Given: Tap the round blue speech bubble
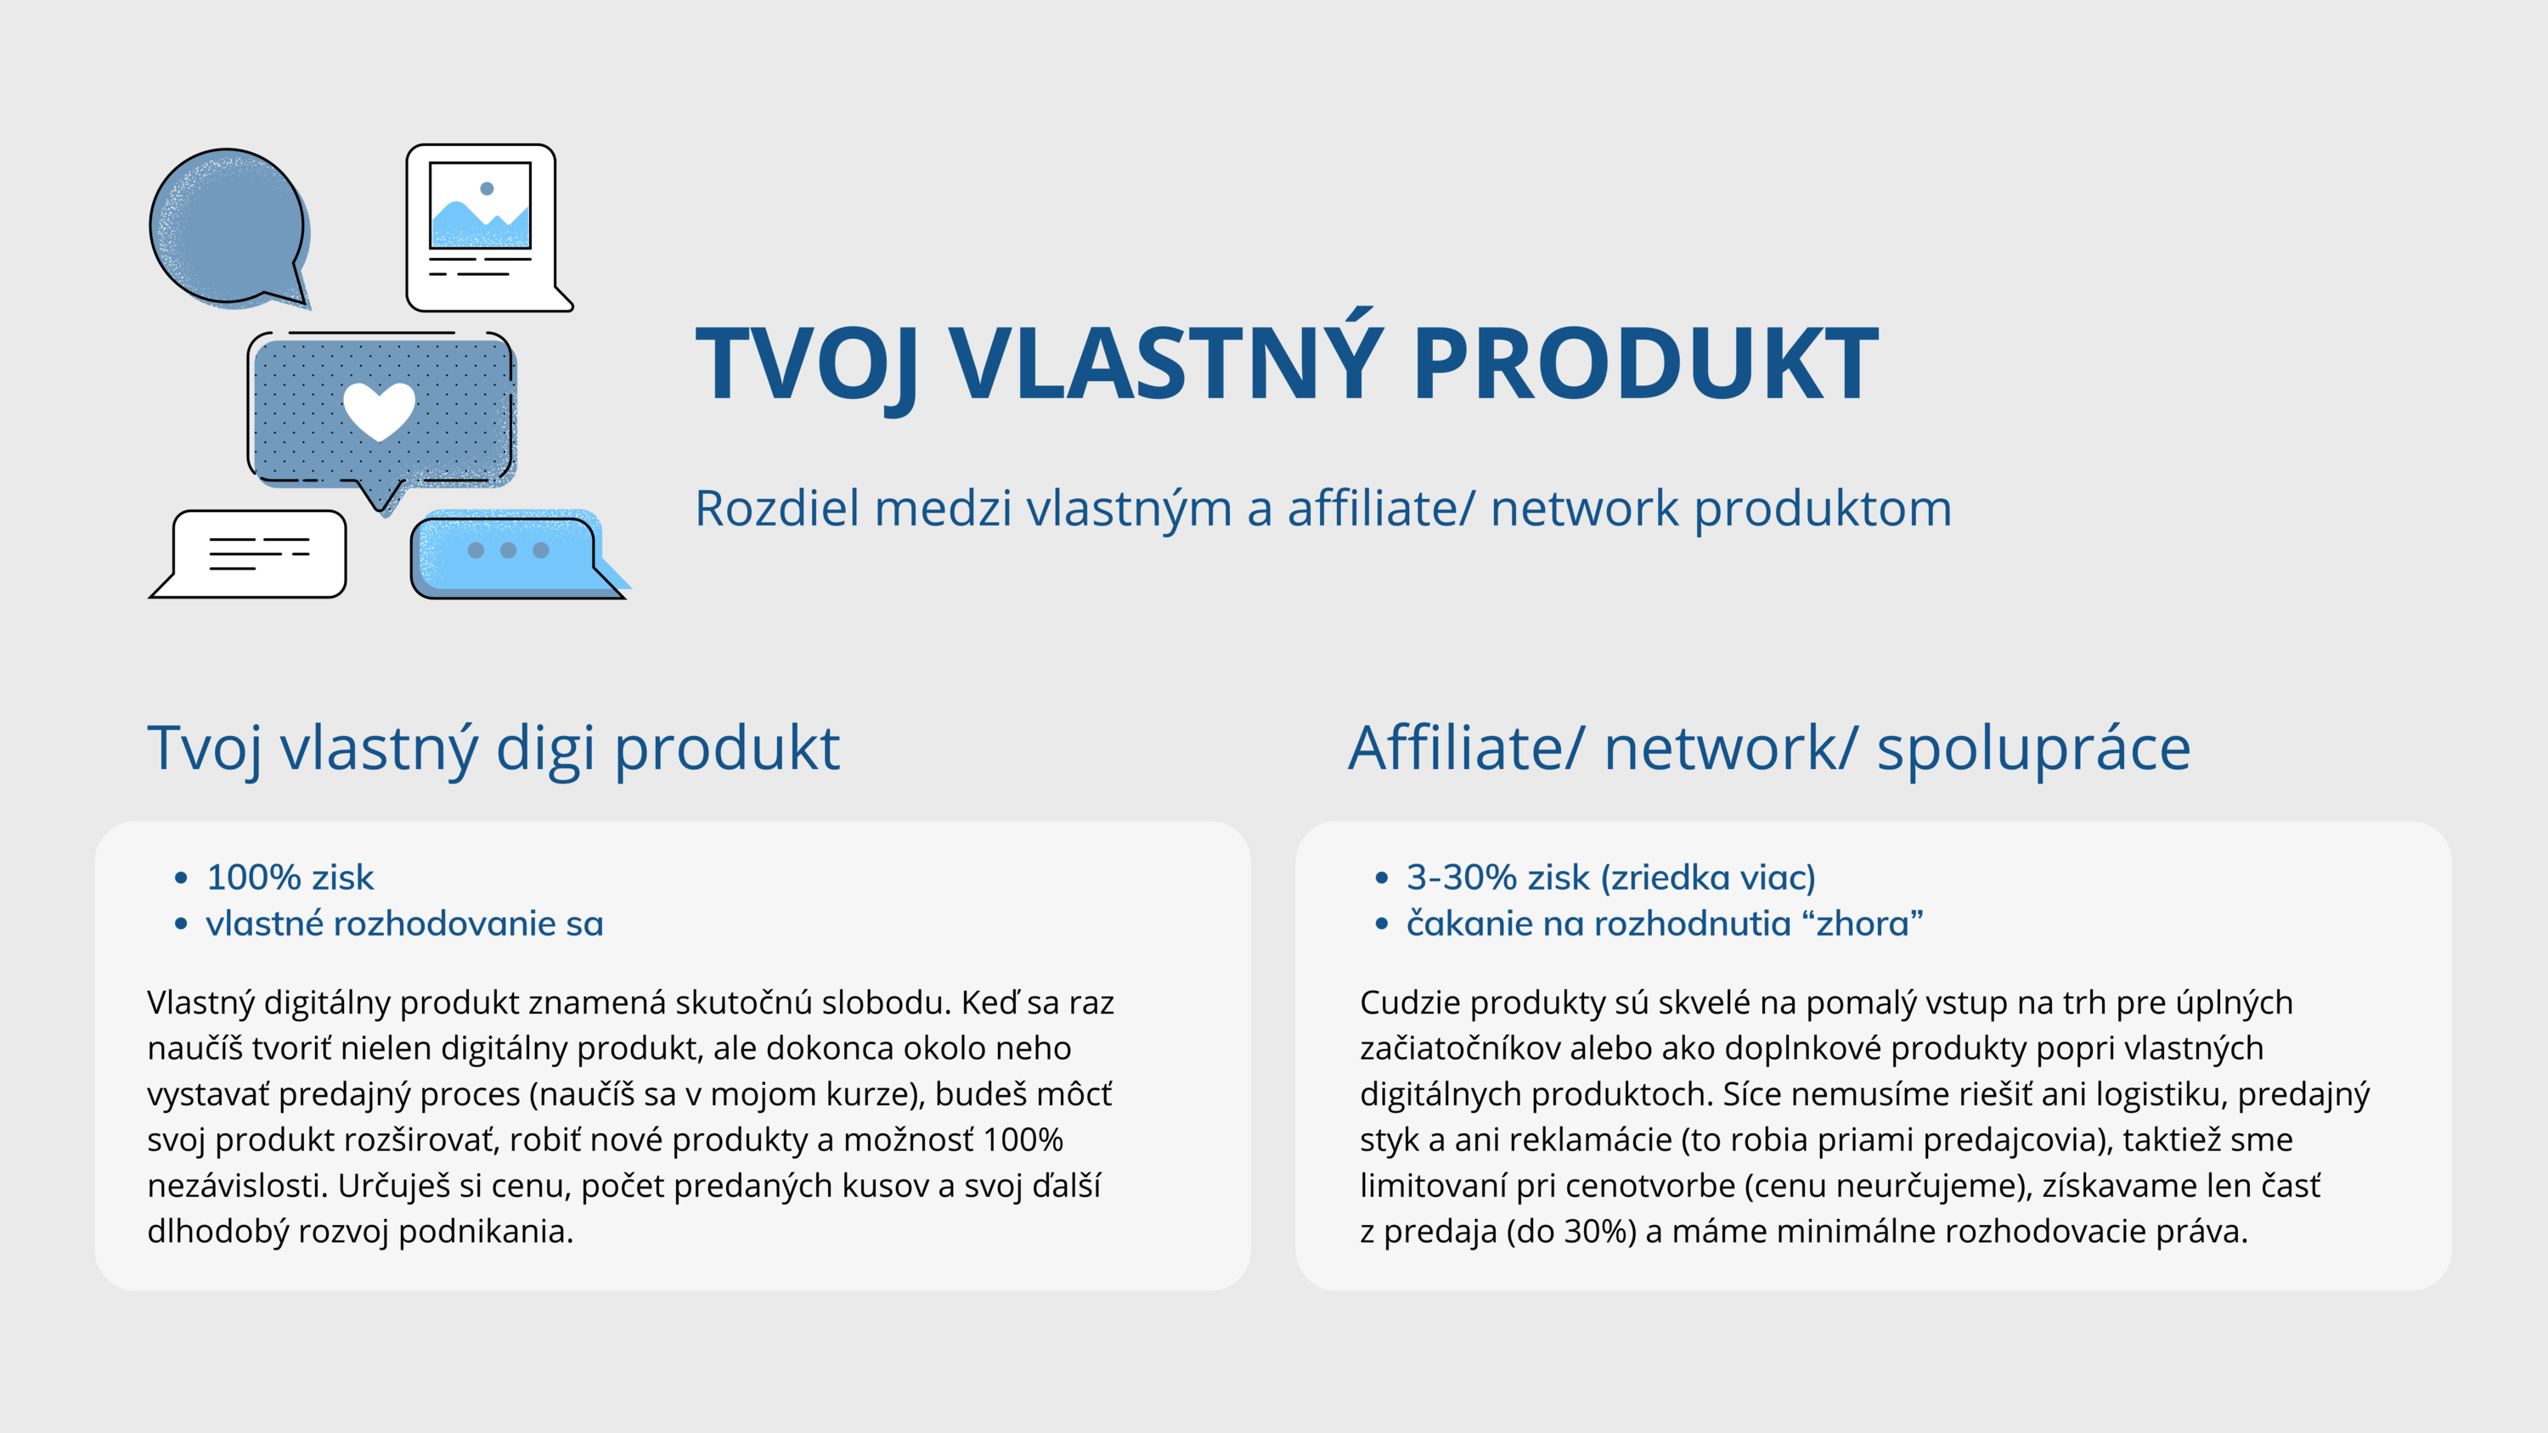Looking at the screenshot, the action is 228,228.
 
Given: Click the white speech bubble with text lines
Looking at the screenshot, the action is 253,554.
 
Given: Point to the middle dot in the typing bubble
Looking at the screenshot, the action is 509,550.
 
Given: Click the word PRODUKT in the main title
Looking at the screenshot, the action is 1646,363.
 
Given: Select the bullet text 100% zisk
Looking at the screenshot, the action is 290,877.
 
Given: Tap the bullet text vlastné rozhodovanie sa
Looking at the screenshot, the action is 404,924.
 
